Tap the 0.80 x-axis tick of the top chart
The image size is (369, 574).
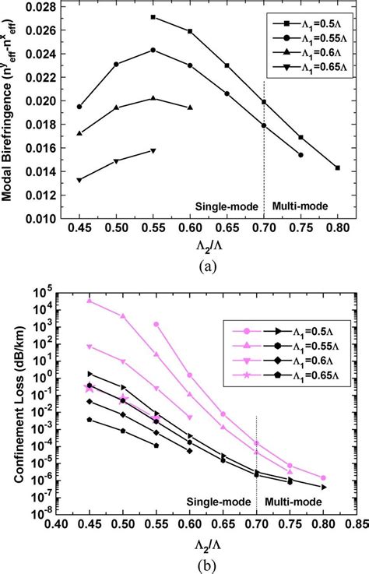pyautogui.click(x=337, y=229)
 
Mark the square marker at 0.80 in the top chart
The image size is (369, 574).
pyautogui.click(x=337, y=167)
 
